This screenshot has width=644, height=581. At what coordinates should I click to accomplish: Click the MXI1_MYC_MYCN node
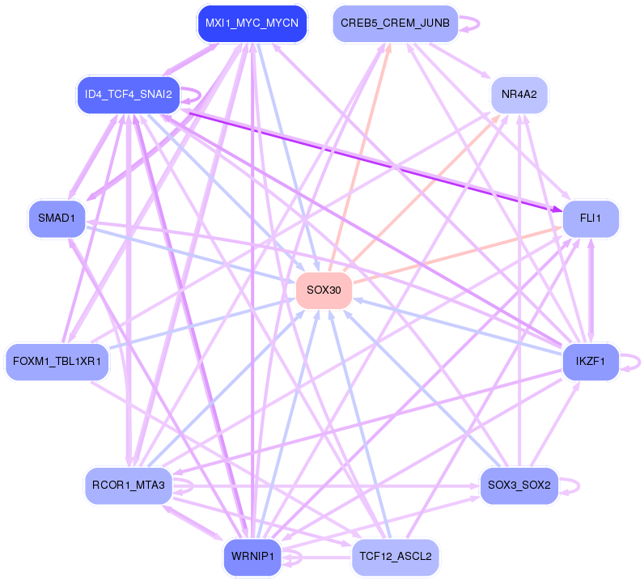point(252,24)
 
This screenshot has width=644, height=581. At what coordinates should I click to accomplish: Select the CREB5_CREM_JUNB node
point(395,23)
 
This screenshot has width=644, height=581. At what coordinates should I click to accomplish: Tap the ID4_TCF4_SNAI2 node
point(127,95)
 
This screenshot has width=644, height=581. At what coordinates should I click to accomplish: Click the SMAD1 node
point(57,218)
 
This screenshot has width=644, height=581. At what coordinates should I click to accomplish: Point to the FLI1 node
point(591,218)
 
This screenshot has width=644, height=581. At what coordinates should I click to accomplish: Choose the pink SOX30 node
point(324,290)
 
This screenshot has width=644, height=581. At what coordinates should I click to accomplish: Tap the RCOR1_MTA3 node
point(126,486)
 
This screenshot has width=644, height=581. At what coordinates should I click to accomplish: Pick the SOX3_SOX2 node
point(519,486)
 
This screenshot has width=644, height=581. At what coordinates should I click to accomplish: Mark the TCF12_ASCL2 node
point(395,558)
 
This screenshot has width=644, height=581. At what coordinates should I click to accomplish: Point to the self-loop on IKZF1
point(633,361)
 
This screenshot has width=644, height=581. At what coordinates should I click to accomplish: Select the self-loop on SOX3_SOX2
point(573,486)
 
